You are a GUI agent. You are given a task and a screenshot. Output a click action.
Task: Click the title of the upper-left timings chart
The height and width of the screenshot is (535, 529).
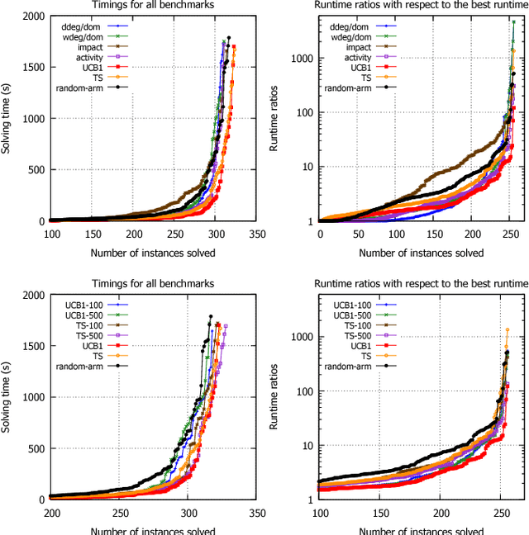(154, 6)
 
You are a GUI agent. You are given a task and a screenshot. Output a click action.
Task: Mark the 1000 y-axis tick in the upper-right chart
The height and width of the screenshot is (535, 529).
(299, 59)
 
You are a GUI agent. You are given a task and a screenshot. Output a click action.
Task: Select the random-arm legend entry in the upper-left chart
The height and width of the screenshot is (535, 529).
(77, 87)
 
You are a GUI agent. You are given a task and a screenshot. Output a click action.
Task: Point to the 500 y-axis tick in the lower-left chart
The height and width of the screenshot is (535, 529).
(35, 448)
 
